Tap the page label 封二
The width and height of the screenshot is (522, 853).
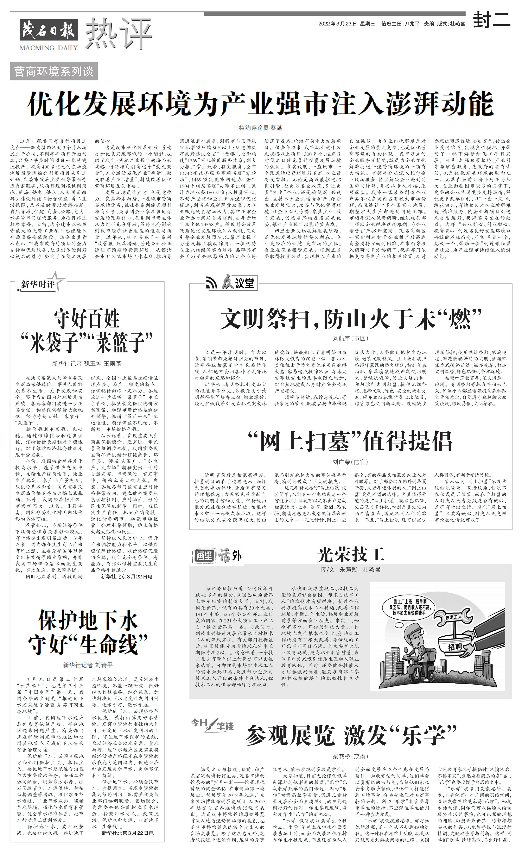coord(492,19)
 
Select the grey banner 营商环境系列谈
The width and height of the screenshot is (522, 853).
coord(54,72)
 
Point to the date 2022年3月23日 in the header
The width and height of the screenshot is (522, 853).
coord(337,24)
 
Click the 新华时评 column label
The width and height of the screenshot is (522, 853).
coord(37,285)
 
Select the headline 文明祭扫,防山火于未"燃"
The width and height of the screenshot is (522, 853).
coord(351,319)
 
